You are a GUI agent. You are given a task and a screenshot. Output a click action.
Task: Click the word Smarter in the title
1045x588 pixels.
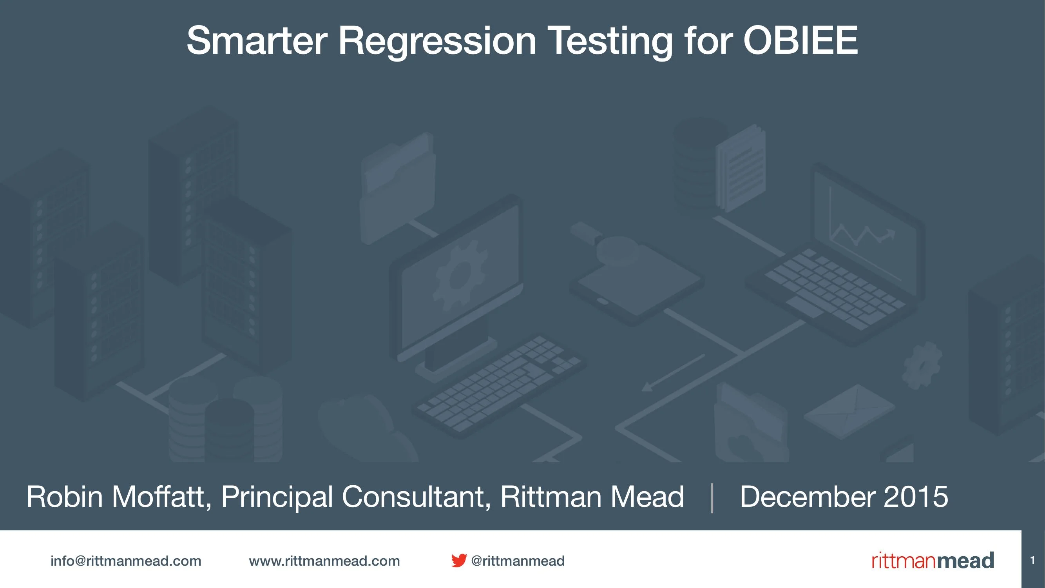[x=256, y=41]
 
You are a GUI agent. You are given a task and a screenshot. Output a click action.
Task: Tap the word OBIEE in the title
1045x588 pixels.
[x=800, y=41]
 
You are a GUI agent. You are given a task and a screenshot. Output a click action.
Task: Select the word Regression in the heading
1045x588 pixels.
[x=437, y=41]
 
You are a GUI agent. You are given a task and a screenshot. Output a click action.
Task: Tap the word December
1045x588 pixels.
[x=807, y=497]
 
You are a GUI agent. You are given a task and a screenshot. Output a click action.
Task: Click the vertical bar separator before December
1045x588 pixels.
[x=712, y=497]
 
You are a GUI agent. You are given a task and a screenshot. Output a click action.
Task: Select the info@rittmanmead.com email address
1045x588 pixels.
[x=126, y=561]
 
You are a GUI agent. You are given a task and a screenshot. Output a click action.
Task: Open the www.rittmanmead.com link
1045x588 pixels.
[x=324, y=561]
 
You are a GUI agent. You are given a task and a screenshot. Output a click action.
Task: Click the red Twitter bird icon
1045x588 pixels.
[x=459, y=561]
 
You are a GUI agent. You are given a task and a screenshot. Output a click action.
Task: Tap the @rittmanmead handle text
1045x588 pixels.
[x=518, y=561]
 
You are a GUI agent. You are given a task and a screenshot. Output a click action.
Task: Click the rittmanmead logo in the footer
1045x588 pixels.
[x=932, y=561]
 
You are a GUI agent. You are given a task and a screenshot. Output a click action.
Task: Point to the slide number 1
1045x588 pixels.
[x=1032, y=561]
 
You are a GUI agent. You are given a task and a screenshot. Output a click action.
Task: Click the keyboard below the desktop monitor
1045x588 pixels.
[x=499, y=385]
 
